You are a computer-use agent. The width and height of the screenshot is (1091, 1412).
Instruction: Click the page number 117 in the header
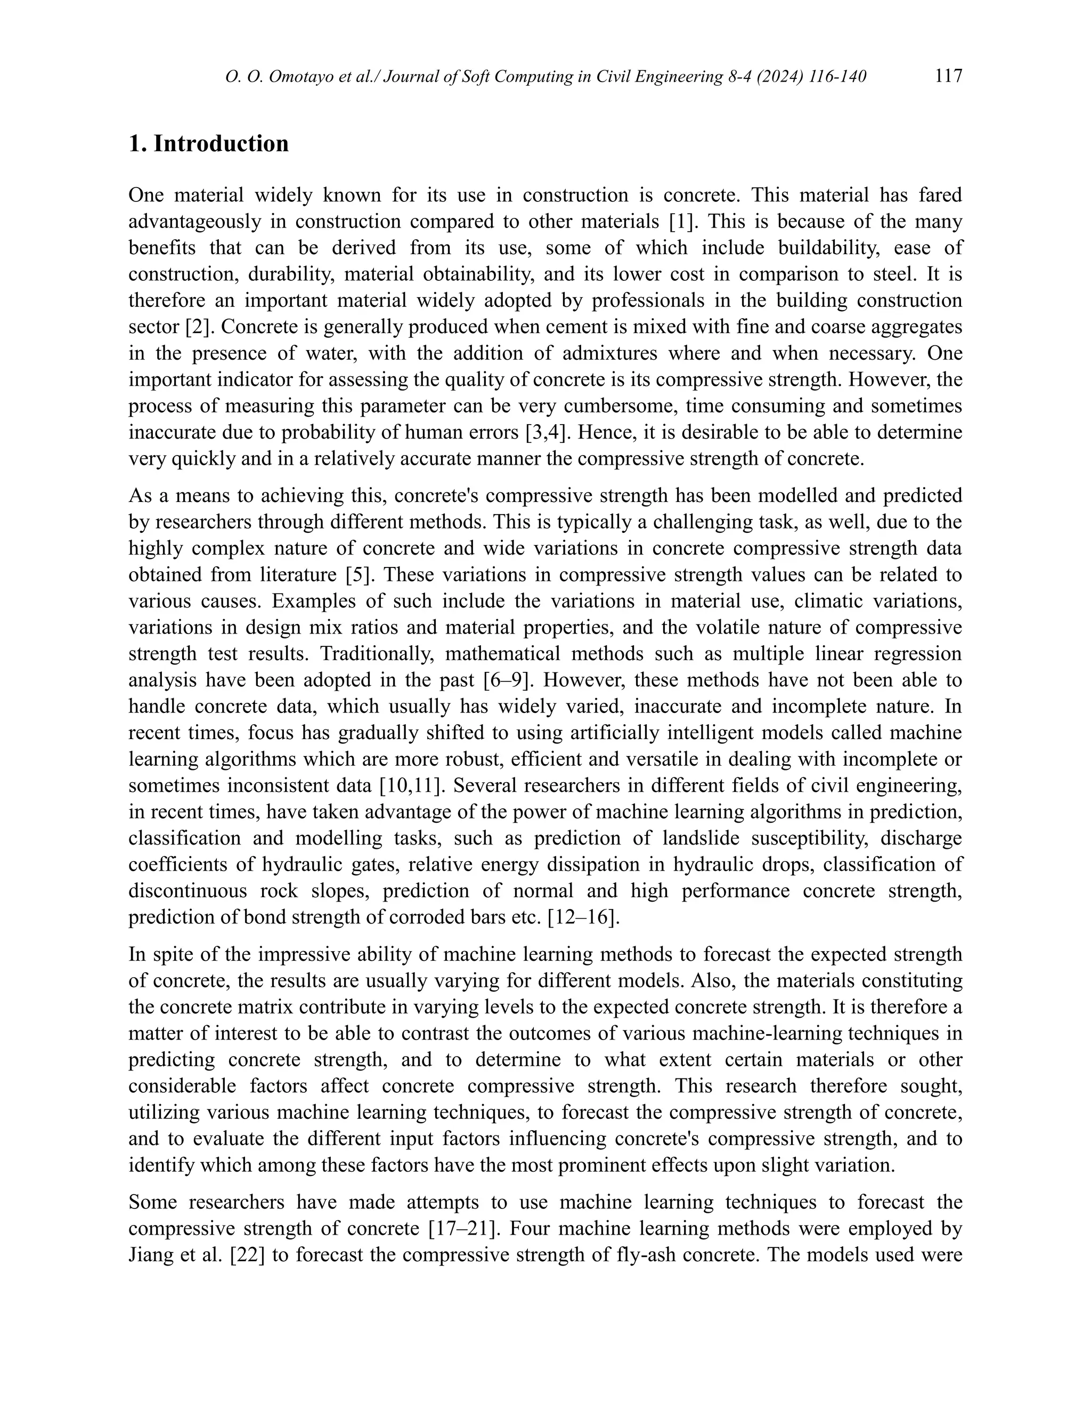pos(948,76)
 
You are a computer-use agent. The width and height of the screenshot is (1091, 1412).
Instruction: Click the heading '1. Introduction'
pos(209,143)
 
